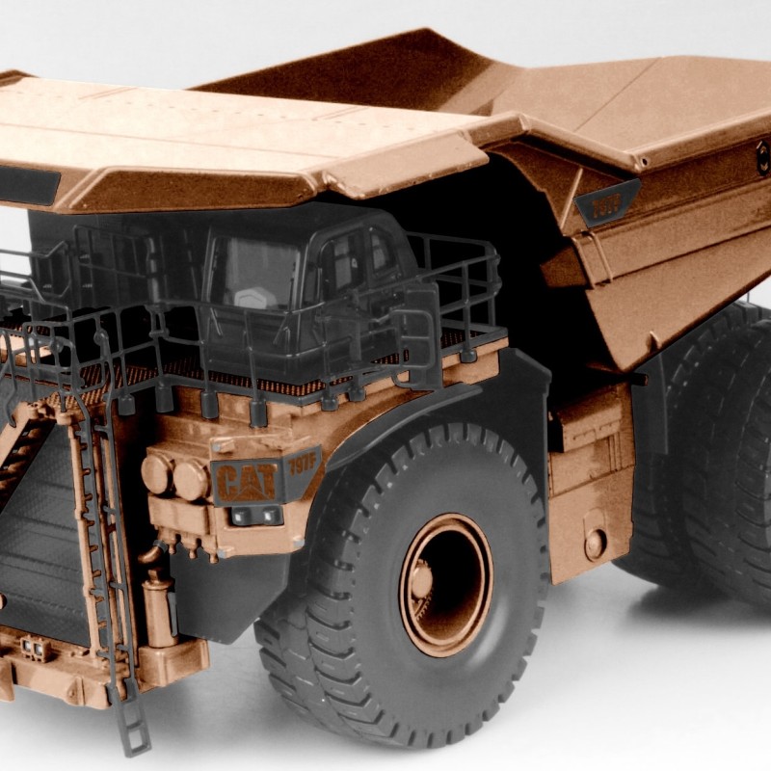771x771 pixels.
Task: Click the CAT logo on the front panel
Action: pos(245,479)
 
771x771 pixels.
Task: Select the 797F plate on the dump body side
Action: pos(606,203)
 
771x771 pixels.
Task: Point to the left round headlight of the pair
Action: pos(156,473)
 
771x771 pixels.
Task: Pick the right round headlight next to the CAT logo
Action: pos(189,479)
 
